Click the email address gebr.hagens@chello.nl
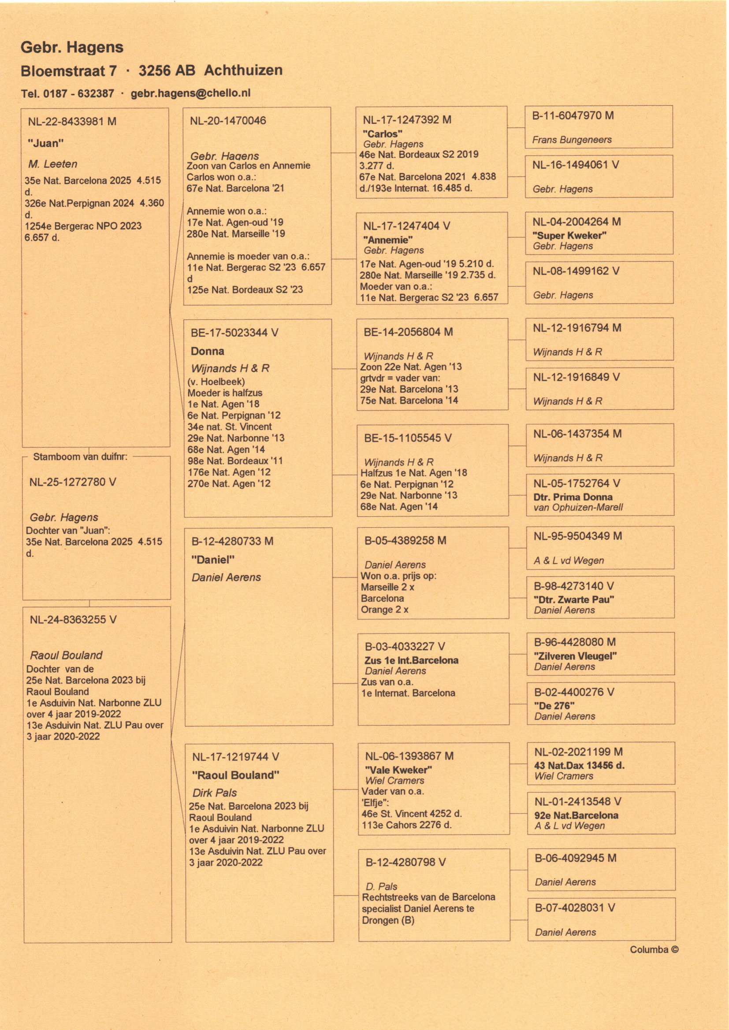point(190,93)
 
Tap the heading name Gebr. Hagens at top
point(72,48)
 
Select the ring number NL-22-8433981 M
point(72,122)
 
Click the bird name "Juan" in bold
point(45,144)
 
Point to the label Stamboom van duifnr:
point(80,457)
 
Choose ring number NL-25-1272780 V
point(72,482)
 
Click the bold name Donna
point(207,351)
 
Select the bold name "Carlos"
point(383,133)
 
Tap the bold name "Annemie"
point(388,240)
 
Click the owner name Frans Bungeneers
point(572,140)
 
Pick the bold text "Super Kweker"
point(569,235)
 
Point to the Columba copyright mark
point(654,949)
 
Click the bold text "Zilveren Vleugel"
point(575,656)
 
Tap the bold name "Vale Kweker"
point(398,770)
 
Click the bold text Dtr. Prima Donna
point(573,497)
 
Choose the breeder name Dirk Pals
point(215,793)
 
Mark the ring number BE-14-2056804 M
point(408,333)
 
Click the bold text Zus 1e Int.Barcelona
point(411,660)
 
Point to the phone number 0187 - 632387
point(78,94)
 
